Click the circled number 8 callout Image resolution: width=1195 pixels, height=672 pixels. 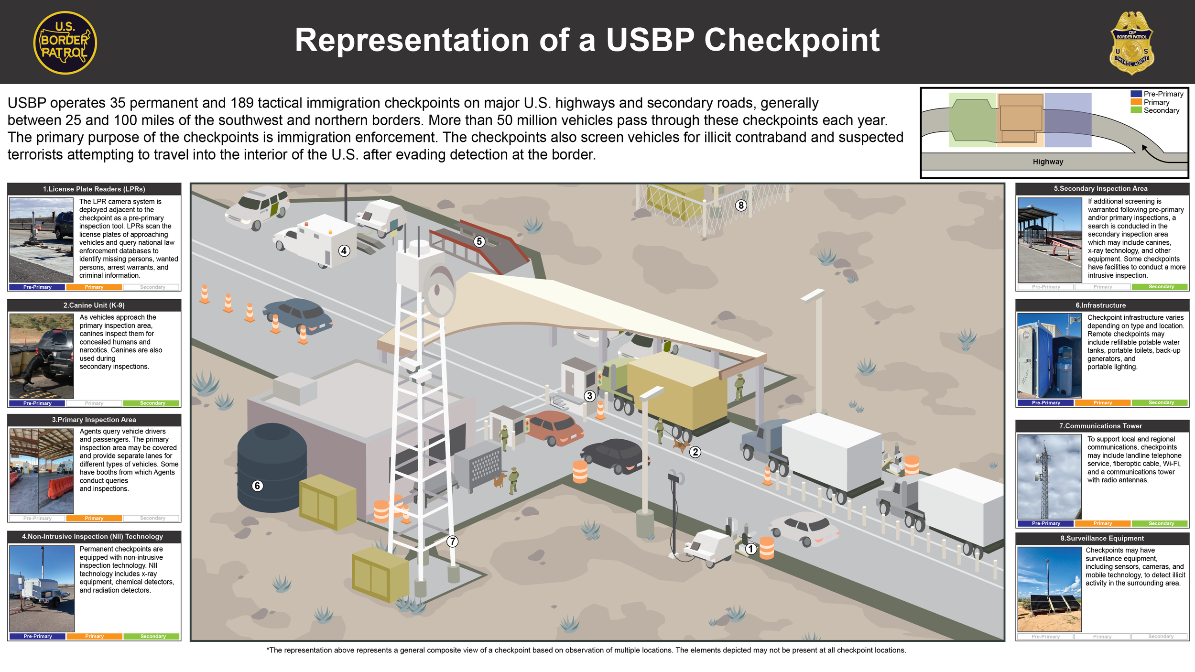(740, 206)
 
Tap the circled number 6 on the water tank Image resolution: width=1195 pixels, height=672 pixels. (257, 486)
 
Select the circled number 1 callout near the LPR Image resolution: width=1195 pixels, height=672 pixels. (751, 549)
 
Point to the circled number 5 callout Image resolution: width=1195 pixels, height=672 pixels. (479, 241)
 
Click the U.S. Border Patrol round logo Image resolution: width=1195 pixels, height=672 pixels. (65, 43)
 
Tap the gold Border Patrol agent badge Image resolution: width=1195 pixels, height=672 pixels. (1131, 43)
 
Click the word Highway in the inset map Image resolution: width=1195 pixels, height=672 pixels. (1048, 162)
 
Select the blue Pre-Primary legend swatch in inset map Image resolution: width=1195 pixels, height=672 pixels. (1136, 94)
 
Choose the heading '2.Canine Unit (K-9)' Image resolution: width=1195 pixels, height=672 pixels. (94, 305)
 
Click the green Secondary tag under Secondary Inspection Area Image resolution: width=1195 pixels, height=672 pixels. (1161, 287)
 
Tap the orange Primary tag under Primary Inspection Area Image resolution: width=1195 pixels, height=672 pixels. (94, 518)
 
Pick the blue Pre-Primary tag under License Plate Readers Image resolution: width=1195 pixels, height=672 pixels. (37, 287)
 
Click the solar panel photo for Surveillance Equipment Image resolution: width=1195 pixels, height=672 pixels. (1049, 589)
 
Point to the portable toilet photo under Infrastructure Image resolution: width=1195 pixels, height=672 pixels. (1049, 356)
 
